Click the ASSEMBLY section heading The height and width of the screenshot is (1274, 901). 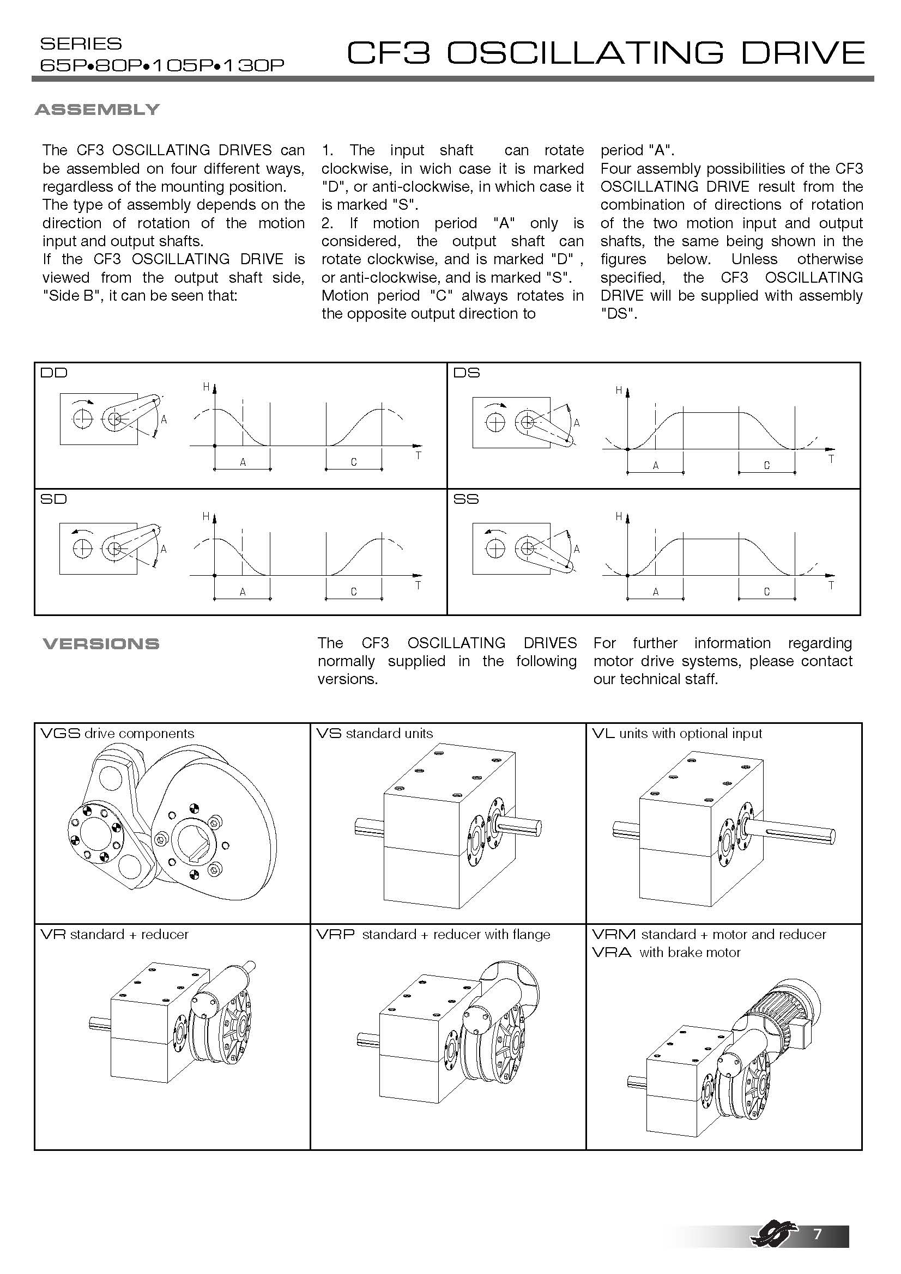tap(97, 109)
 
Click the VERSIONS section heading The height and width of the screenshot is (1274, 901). tap(101, 644)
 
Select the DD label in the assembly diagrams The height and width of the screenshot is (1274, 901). tap(53, 373)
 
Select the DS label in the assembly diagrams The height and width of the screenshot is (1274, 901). tap(467, 373)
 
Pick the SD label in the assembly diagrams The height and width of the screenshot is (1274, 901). tap(53, 499)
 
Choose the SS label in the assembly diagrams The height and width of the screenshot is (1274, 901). tap(466, 499)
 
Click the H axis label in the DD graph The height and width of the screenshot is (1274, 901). tap(205, 387)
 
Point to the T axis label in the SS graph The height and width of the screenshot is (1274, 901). tap(831, 585)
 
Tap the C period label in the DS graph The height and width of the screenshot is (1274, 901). tap(767, 466)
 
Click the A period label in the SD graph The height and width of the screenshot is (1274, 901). tap(243, 592)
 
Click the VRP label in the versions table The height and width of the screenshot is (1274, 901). tap(335, 935)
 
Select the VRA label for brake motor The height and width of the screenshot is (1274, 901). tap(611, 953)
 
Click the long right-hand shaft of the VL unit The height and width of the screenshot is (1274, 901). tap(794, 832)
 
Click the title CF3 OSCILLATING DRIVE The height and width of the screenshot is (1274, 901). tap(606, 53)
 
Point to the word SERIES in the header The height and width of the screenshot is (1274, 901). tap(81, 44)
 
